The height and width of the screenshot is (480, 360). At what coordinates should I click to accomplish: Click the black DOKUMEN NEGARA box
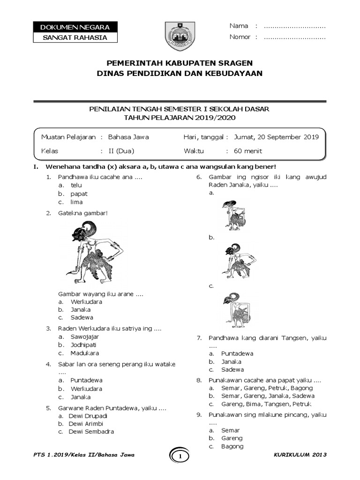[x=75, y=27]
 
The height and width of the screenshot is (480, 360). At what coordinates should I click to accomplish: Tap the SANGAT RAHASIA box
[x=75, y=37]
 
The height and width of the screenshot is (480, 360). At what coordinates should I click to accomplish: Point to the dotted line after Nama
[x=295, y=26]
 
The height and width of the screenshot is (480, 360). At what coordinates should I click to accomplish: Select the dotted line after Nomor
[x=295, y=37]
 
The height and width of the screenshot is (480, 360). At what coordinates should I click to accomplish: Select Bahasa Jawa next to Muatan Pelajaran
[x=128, y=137]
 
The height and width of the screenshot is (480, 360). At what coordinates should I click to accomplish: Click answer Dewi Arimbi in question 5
[x=86, y=424]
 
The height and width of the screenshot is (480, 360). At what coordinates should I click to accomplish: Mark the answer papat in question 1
[x=79, y=194]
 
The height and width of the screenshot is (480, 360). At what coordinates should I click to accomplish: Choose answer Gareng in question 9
[x=232, y=438]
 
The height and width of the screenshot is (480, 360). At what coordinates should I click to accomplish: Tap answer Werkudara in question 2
[x=86, y=301]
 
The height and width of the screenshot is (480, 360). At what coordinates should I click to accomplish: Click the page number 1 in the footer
[x=180, y=456]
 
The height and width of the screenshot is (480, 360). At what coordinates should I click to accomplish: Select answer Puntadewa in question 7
[x=237, y=353]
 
